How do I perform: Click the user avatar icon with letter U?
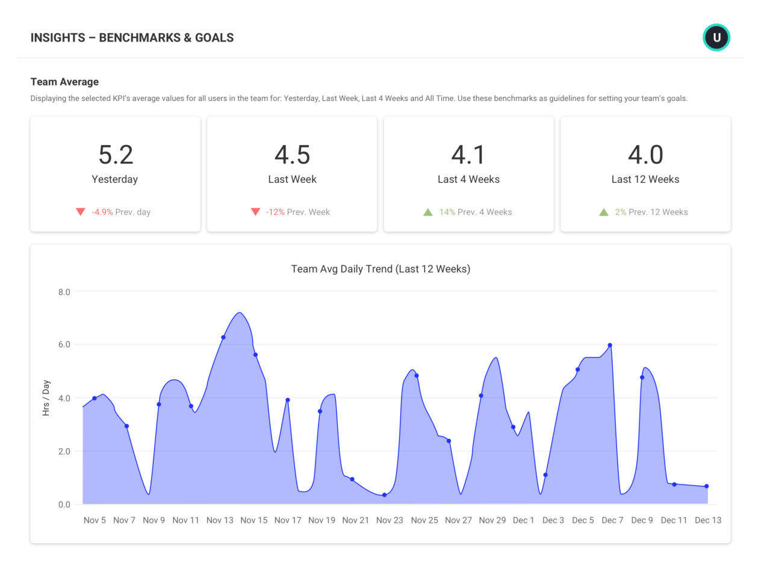coord(716,37)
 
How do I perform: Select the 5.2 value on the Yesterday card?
coord(116,155)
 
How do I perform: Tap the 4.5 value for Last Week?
coord(292,155)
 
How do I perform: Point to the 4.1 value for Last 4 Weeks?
coord(468,155)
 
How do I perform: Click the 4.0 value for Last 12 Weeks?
coord(645,155)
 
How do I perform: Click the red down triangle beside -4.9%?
coord(80,212)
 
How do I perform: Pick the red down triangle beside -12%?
coord(255,212)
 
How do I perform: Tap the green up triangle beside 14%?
coord(428,212)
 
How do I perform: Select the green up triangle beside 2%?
coord(604,212)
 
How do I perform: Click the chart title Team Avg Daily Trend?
coord(380,269)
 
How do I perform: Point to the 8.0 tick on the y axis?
coord(64,292)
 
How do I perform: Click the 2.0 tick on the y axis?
coord(64,452)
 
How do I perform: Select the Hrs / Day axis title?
coord(46,398)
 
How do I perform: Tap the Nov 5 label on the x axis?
coord(95,520)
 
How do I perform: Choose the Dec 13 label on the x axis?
coord(707,520)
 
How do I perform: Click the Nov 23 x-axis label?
coord(390,520)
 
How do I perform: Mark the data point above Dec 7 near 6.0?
coord(610,346)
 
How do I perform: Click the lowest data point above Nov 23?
coord(385,495)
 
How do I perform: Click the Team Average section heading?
coord(64,82)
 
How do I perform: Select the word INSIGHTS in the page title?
coord(58,38)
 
